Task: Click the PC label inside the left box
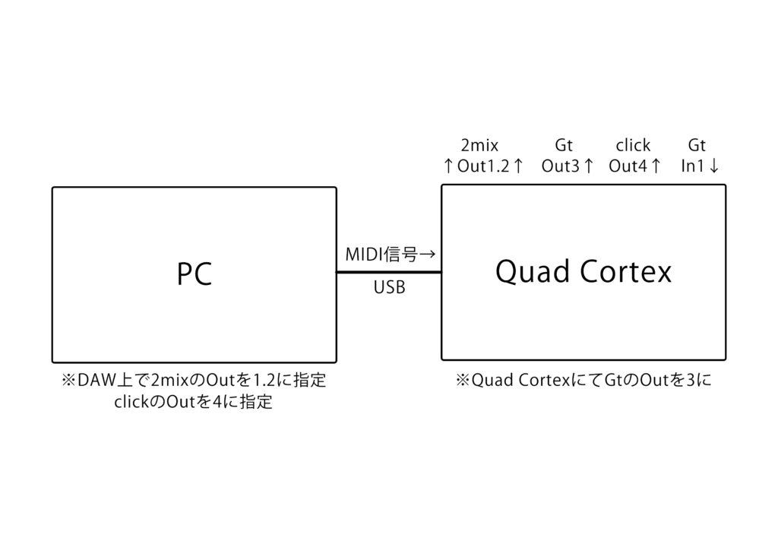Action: (194, 274)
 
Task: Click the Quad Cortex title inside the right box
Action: (583, 271)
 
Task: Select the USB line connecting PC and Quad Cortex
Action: (388, 272)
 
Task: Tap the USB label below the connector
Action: (389, 289)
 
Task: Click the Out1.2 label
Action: (483, 166)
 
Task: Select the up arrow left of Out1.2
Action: (449, 166)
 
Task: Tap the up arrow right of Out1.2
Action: (518, 166)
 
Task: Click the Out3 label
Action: (561, 166)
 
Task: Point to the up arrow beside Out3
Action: (587, 166)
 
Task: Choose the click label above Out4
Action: (632, 145)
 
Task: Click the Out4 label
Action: (628, 166)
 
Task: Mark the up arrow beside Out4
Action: (655, 166)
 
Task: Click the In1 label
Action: (693, 166)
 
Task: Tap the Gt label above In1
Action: (697, 145)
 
